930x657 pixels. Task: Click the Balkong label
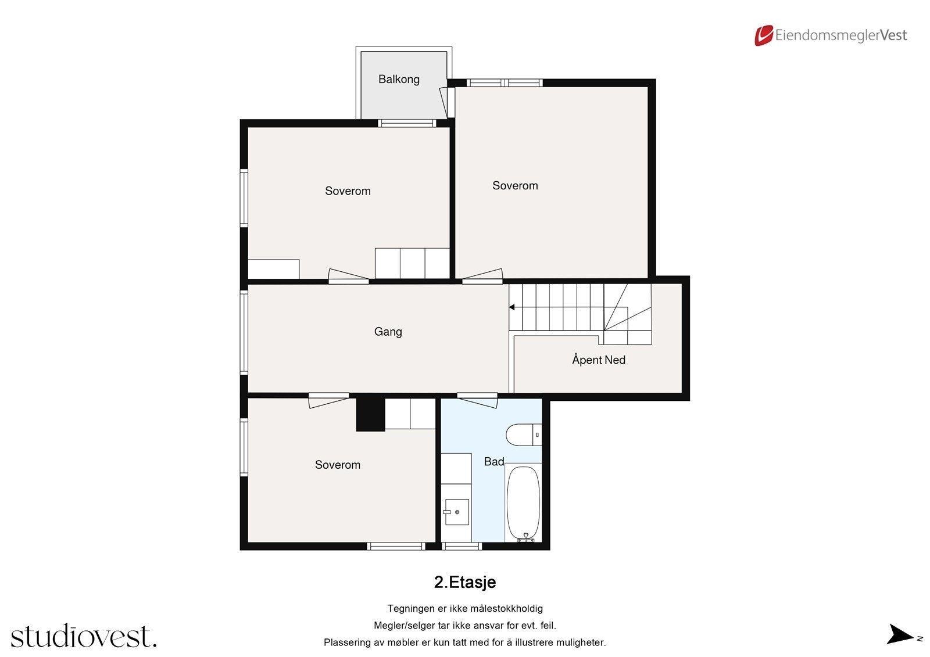(399, 80)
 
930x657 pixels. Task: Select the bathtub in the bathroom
(523, 502)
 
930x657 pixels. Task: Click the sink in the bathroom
(456, 512)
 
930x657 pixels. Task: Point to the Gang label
(388, 332)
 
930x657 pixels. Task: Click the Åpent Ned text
(598, 360)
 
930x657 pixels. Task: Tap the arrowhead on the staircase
(512, 307)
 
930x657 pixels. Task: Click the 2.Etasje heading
(465, 582)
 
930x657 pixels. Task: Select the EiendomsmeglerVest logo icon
(763, 35)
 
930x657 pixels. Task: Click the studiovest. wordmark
(84, 637)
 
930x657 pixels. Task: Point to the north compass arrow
(900, 634)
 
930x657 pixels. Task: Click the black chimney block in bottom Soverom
(370, 414)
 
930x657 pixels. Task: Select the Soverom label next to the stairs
(515, 186)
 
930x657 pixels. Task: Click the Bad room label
(494, 462)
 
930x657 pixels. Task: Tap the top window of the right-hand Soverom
(505, 83)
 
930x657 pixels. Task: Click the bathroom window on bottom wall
(462, 546)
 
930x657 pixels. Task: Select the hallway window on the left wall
(244, 332)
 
